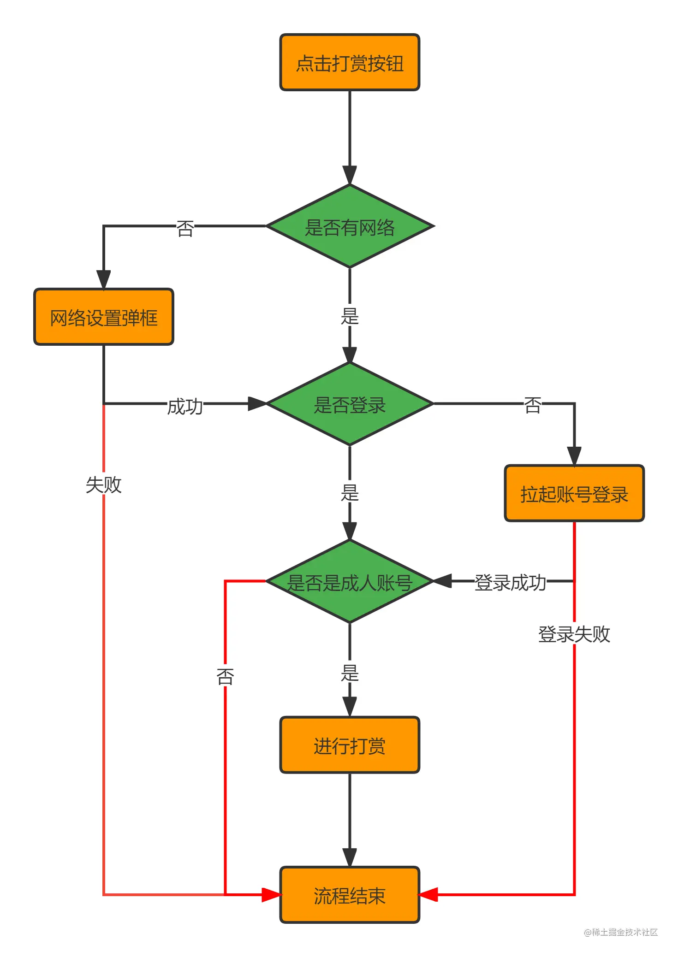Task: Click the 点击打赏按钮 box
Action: tap(350, 62)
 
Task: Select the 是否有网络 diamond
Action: tap(350, 226)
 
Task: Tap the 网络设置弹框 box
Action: tap(104, 317)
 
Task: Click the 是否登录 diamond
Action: tap(350, 404)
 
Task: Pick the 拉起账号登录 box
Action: tap(574, 493)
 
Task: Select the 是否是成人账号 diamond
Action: tap(350, 582)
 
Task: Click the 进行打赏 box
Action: tap(350, 745)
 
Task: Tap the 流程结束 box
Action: tap(350, 895)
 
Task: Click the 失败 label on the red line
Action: tap(104, 484)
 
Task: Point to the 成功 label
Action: tap(185, 406)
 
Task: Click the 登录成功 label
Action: tap(510, 582)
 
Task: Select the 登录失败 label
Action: tap(574, 634)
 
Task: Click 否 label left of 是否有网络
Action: tap(185, 228)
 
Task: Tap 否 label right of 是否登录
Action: tap(533, 405)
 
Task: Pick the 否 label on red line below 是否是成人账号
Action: tap(225, 676)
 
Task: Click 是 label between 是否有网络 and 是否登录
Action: tap(350, 316)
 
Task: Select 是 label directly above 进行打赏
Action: tap(350, 673)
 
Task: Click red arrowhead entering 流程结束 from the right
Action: tap(428, 895)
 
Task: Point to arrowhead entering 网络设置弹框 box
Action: tap(103, 280)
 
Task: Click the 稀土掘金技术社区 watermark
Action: tap(621, 932)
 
